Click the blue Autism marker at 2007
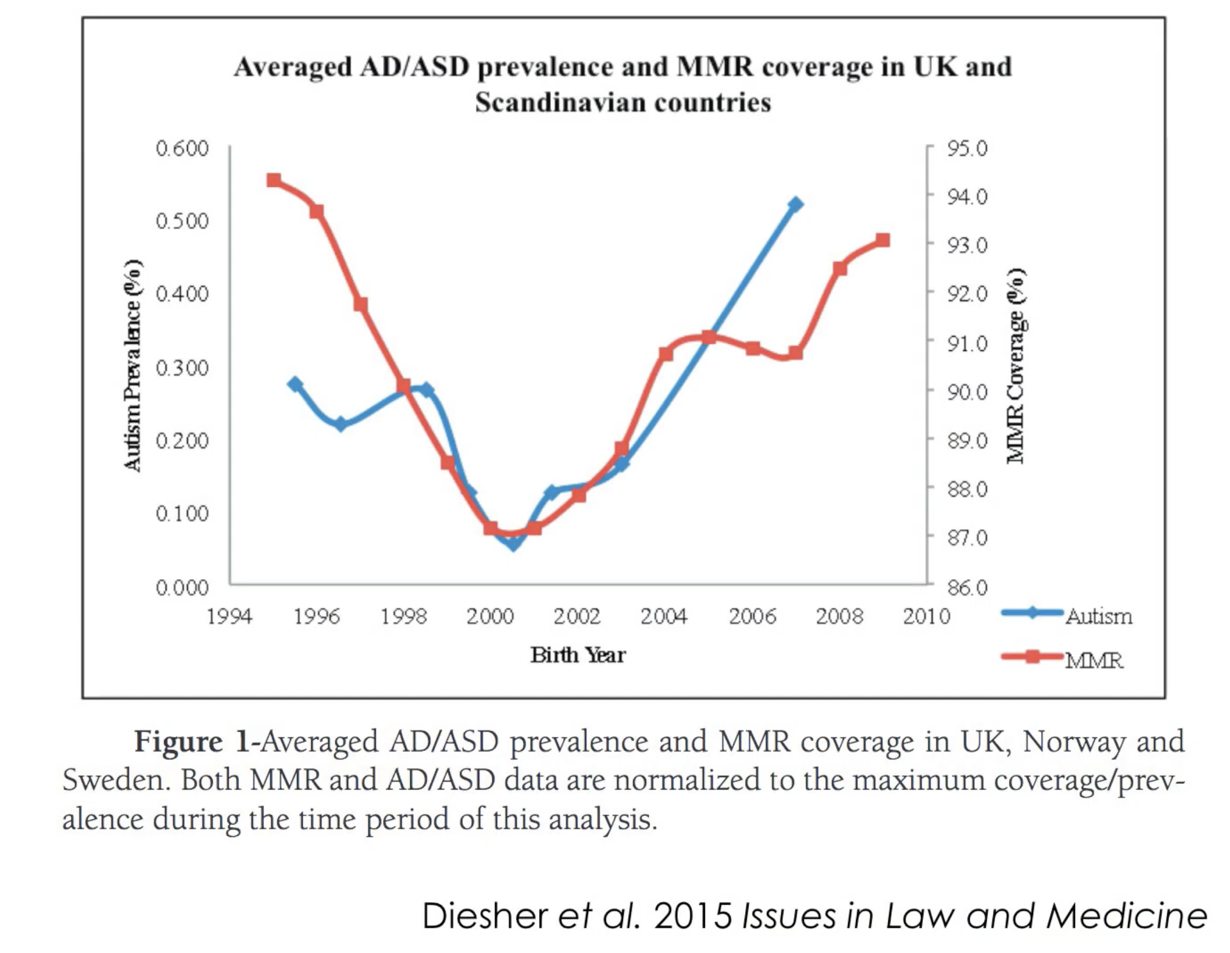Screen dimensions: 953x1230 (x=795, y=204)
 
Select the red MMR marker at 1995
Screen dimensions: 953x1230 (x=274, y=181)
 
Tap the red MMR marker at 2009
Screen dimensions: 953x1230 (x=883, y=241)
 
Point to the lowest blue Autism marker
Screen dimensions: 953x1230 (x=513, y=544)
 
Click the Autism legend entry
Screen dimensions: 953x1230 (x=1099, y=616)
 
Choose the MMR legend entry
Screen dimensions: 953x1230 (x=1093, y=660)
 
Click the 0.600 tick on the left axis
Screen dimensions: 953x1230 (x=182, y=148)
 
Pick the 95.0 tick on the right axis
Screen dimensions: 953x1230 (x=967, y=148)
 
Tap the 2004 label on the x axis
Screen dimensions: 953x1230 (x=664, y=616)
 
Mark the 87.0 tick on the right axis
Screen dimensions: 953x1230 (x=967, y=537)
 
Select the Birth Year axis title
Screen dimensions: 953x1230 (x=578, y=655)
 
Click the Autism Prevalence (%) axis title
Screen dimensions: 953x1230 (x=132, y=366)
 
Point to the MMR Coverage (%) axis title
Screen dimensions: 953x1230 (x=1016, y=366)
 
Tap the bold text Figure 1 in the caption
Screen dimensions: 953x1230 (x=192, y=742)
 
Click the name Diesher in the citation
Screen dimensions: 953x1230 (x=485, y=916)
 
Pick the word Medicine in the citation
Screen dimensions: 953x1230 (x=1126, y=916)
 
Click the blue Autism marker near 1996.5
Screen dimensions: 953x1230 (x=341, y=424)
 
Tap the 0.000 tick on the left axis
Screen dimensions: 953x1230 (x=182, y=588)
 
